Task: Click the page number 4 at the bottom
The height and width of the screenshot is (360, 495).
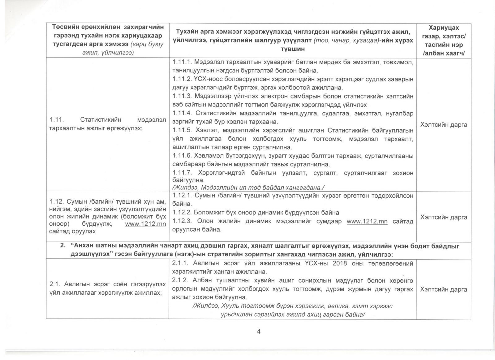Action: coord(259,331)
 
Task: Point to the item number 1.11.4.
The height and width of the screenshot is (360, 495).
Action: coord(183,113)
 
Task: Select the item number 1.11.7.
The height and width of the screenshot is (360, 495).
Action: coord(183,173)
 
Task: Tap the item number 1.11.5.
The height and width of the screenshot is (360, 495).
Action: coord(183,130)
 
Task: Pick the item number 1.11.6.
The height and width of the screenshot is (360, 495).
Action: coord(183,156)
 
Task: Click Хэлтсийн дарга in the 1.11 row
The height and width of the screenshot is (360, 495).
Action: coord(444,125)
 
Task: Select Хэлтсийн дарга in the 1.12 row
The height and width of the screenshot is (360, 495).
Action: coord(444,217)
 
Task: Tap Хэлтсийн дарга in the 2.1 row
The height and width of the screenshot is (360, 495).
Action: coord(444,289)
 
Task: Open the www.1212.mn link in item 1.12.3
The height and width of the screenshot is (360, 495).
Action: coord(367,221)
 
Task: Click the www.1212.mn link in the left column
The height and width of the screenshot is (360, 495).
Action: coord(145,224)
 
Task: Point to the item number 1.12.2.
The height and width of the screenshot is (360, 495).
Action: coord(182,213)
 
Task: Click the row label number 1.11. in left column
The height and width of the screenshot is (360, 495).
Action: coord(56,120)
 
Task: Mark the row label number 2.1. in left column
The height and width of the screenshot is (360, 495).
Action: coord(54,284)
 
